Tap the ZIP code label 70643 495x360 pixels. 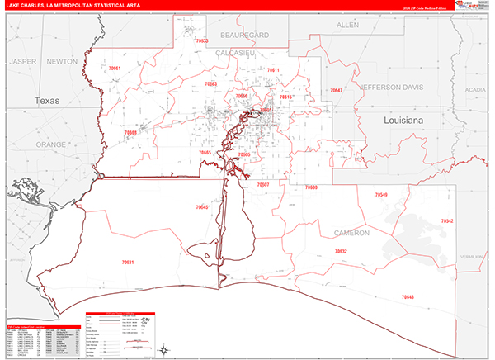408,296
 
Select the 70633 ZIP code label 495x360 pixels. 201,40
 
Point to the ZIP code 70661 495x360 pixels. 115,69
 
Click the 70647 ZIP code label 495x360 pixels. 336,90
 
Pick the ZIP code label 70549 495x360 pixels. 380,195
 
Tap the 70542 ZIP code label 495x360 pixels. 447,221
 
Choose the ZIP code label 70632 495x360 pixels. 341,251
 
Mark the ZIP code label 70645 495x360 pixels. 202,207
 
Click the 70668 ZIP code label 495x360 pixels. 130,132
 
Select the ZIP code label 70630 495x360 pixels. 311,187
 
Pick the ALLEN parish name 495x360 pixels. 348,26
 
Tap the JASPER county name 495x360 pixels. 24,61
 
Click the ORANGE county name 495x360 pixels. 50,144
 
